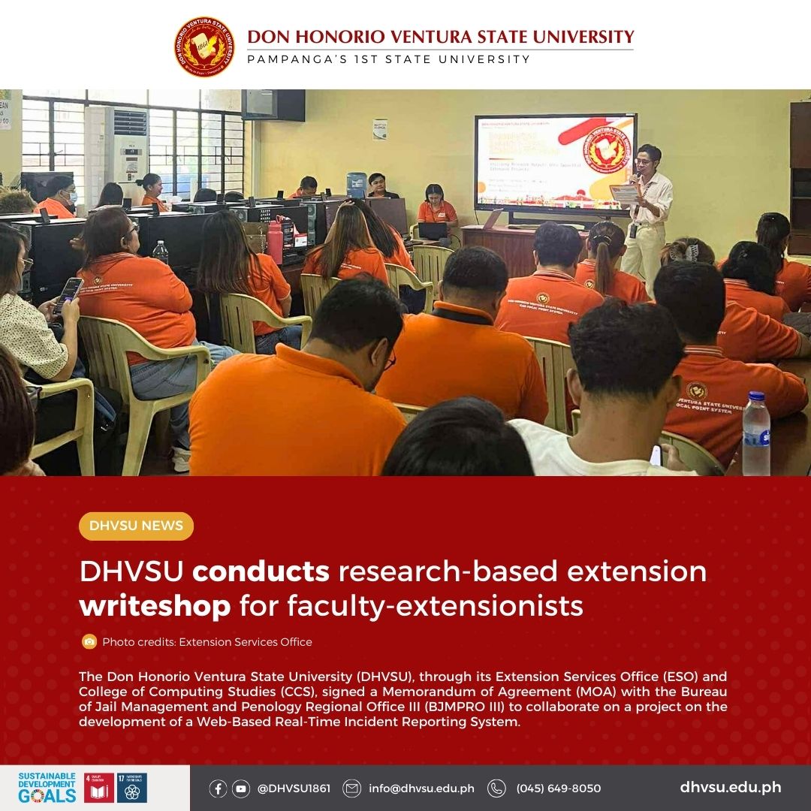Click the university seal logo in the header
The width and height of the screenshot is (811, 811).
coord(204,47)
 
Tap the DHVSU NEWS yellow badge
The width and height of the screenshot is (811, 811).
coord(136,526)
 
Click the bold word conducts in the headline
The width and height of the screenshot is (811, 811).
coord(261,572)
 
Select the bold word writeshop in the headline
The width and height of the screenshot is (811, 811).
coord(155,606)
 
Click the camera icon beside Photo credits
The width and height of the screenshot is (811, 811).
coord(89,642)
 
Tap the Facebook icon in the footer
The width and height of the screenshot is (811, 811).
coord(219,788)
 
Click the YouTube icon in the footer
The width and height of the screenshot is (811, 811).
coord(241,788)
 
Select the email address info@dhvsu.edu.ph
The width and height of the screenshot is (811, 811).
coord(421,788)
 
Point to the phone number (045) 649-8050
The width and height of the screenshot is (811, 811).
coord(558,788)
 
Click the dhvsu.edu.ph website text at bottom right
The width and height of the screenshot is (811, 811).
coord(730,788)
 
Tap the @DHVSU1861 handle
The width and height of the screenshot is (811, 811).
coord(294,788)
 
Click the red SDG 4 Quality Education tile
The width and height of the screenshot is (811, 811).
coord(99,788)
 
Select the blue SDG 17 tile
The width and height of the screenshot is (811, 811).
coord(132,788)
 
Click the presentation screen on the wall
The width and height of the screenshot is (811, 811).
coord(555,163)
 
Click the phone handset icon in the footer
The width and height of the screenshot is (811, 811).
coord(496,788)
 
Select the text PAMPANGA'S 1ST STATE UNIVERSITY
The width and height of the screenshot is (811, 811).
coord(388,59)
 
